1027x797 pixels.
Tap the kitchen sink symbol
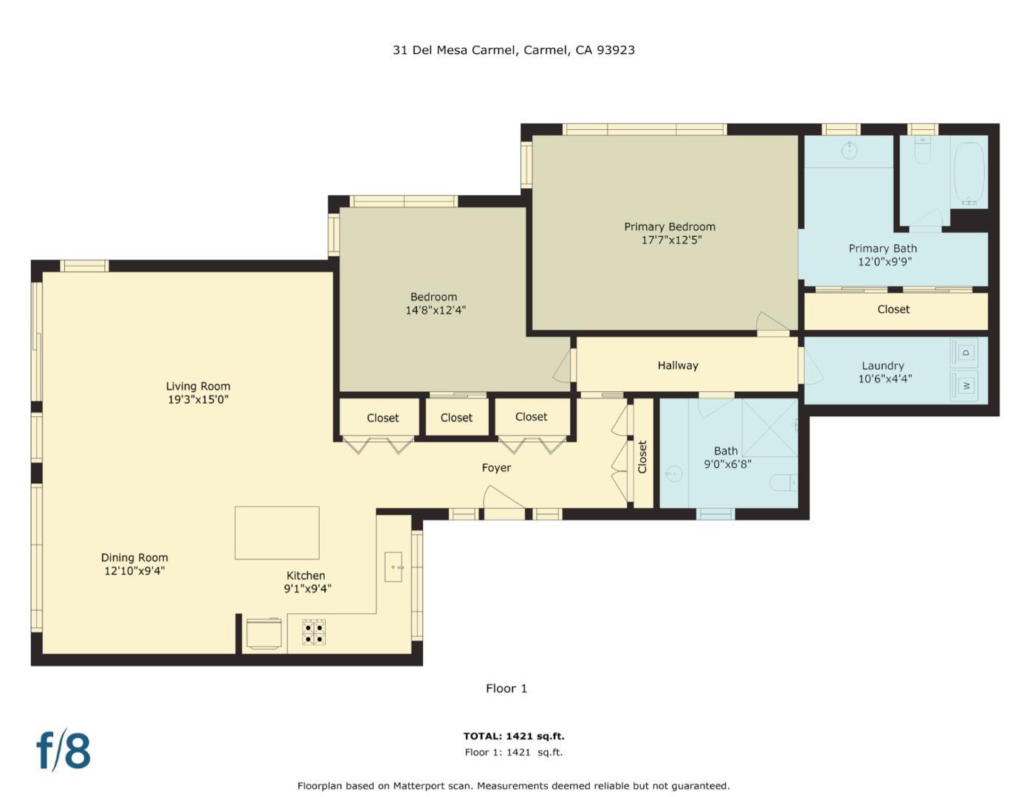(x=394, y=567)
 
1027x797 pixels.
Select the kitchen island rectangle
(x=277, y=532)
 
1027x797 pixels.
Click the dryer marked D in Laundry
(x=966, y=353)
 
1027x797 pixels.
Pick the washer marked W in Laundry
(x=966, y=385)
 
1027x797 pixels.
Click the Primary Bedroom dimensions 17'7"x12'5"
(x=670, y=240)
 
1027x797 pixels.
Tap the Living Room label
(x=198, y=386)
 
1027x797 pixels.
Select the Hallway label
(x=678, y=365)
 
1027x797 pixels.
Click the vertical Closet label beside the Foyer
(x=642, y=457)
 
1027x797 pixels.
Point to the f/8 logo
(x=63, y=750)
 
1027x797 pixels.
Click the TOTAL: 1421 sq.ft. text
(x=513, y=736)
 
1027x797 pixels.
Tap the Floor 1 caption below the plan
(x=506, y=689)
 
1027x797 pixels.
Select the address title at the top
(x=513, y=50)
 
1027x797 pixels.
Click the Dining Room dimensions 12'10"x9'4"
(x=134, y=570)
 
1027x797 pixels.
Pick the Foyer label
(x=496, y=468)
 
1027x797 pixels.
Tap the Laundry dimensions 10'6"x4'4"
(x=885, y=379)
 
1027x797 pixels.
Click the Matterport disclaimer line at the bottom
(x=513, y=786)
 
